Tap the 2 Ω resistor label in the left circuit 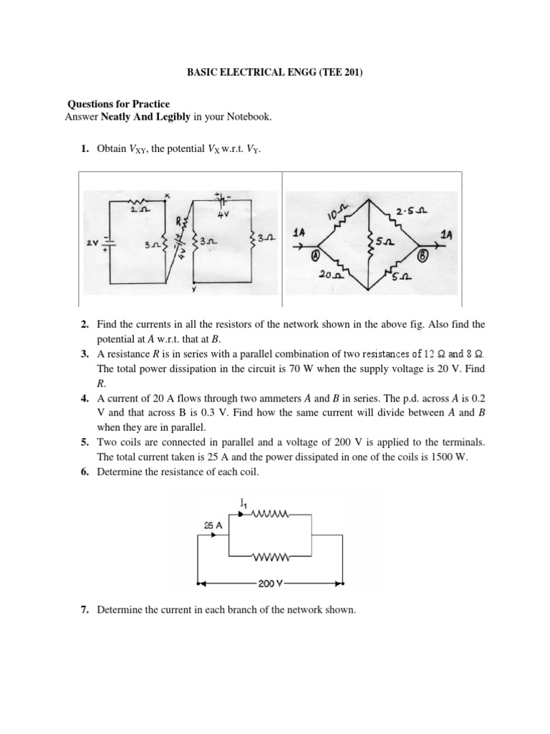pos(139,211)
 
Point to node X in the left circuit pos(167,195)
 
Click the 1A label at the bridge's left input pos(301,234)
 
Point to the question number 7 pos(84,610)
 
